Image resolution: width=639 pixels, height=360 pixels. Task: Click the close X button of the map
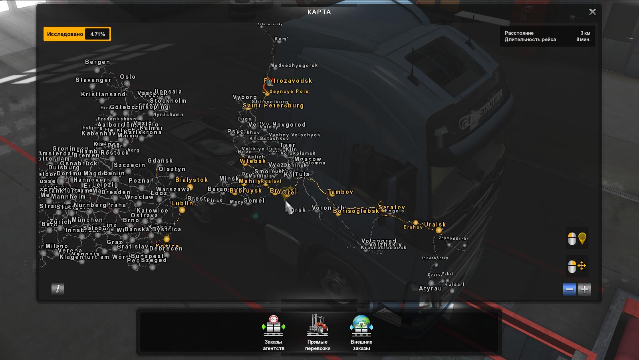click(x=592, y=12)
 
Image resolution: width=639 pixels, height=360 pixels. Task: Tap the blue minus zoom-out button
click(x=570, y=289)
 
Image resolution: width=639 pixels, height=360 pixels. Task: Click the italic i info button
click(x=58, y=289)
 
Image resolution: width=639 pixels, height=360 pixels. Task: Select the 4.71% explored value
click(x=97, y=34)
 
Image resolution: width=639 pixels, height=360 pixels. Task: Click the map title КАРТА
click(x=319, y=12)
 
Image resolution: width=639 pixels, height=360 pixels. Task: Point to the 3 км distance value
click(x=585, y=33)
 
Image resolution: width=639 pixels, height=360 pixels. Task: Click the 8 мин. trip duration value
click(x=583, y=40)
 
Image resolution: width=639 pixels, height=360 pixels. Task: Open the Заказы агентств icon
click(x=273, y=325)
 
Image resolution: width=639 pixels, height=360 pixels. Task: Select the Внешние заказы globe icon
click(x=361, y=325)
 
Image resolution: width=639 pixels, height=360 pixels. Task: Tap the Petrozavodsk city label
click(x=288, y=81)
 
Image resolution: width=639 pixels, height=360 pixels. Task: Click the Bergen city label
click(x=97, y=62)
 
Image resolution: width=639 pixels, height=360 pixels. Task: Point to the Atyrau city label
click(x=430, y=288)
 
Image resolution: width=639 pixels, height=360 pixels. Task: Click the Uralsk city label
click(x=435, y=225)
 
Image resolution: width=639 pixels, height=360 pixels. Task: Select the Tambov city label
click(x=341, y=192)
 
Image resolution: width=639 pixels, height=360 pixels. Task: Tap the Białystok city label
click(x=192, y=180)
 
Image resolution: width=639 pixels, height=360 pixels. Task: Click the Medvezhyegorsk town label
click(x=294, y=66)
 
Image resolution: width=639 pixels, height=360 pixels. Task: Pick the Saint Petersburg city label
click(x=274, y=106)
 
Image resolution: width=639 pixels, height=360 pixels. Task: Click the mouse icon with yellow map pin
click(x=577, y=239)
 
